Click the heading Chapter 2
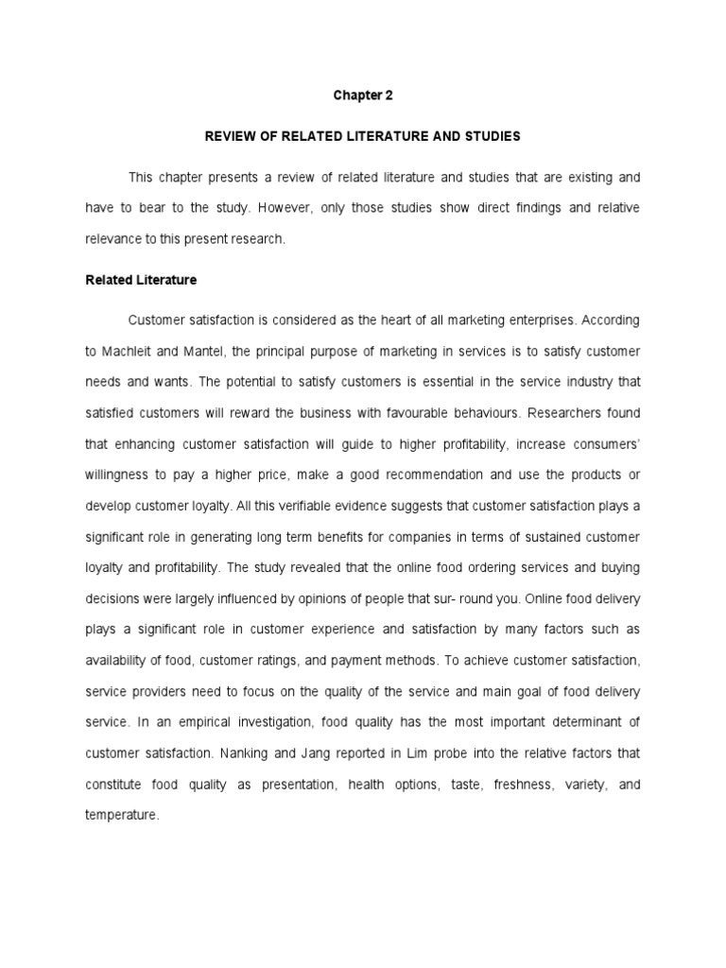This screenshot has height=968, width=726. click(x=362, y=95)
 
